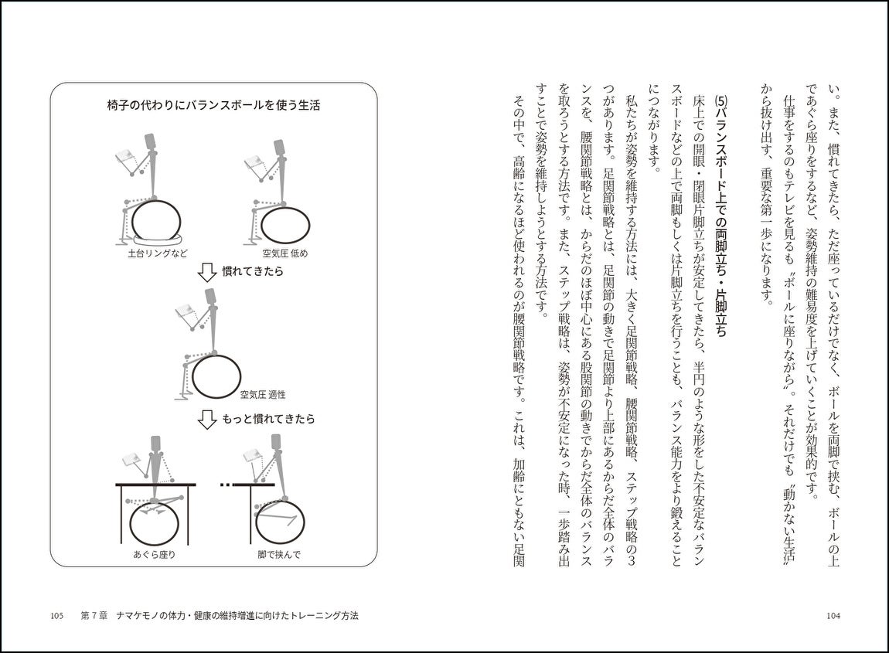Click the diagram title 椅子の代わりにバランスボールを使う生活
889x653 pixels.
pos(213,105)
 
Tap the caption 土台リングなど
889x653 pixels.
pos(158,253)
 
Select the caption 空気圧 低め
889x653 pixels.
pos(284,253)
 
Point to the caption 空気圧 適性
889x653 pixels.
pos(262,394)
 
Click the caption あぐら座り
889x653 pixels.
pos(155,553)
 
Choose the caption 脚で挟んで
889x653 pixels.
pos(279,553)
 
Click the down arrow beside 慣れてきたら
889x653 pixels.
pos(206,272)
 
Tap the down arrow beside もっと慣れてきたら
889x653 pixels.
pos(206,419)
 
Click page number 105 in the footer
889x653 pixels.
pos(56,616)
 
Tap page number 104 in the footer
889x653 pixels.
pos(833,616)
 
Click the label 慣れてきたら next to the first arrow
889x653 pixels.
pos(253,272)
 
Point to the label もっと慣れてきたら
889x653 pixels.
pos(268,419)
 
